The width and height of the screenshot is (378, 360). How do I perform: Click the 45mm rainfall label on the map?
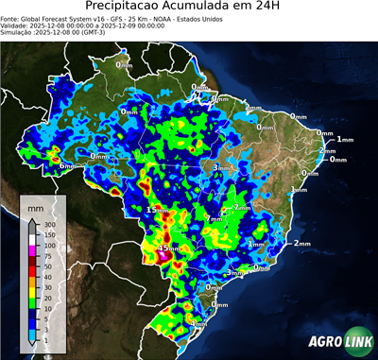[x=168, y=249]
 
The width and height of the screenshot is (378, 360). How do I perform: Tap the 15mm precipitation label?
[x=157, y=210]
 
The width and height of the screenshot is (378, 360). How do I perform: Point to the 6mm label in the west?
[x=67, y=166]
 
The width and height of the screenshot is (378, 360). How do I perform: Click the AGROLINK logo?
[x=335, y=341]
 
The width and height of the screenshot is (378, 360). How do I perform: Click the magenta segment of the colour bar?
[x=32, y=251]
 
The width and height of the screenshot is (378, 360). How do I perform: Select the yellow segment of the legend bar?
[x=32, y=293]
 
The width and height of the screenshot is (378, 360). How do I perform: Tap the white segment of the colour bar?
[x=32, y=241]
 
